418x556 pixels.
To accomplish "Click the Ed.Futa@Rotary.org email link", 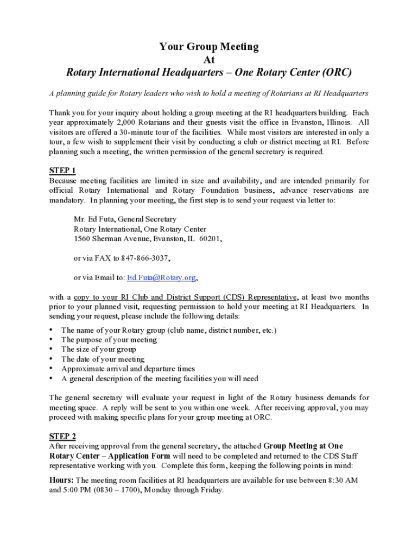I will coord(161,277).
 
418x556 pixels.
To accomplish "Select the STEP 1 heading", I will coord(62,171).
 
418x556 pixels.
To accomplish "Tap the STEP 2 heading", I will coord(62,437).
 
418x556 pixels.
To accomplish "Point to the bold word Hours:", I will coord(61,481).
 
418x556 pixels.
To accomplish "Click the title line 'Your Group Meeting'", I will coord(209,47).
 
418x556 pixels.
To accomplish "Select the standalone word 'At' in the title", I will coord(209,59).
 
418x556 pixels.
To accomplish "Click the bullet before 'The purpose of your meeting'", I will coord(52,340).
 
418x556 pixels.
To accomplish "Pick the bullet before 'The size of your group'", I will coord(52,350).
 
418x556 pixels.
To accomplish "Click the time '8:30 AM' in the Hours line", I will coord(343,481).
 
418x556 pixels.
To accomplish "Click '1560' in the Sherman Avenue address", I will coord(82,239).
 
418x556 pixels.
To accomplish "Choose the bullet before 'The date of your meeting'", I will coord(52,359).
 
